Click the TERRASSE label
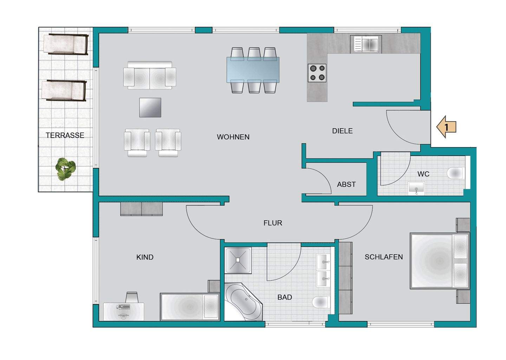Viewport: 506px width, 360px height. point(65,135)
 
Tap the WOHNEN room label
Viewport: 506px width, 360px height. point(233,137)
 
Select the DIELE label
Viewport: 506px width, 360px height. point(342,131)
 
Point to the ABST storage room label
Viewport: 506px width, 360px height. point(346,184)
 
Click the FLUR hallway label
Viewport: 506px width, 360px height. point(273,223)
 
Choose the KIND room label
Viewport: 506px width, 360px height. point(145,257)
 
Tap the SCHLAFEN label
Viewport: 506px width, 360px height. point(384,257)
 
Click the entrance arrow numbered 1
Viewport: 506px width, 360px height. point(446,127)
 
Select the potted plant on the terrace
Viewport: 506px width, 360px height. point(65,169)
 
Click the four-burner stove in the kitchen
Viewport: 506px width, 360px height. point(317,73)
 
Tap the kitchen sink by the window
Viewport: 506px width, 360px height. point(366,44)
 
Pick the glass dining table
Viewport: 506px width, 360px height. point(253,70)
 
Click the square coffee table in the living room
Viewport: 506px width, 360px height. point(150,107)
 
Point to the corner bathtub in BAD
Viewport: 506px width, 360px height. point(243,301)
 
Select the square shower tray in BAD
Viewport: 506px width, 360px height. point(238,260)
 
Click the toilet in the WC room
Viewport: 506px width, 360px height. point(455,174)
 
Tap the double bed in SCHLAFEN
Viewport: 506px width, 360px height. point(440,261)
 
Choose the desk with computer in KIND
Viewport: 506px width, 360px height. point(124,311)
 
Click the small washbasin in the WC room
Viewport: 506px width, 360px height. point(416,188)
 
